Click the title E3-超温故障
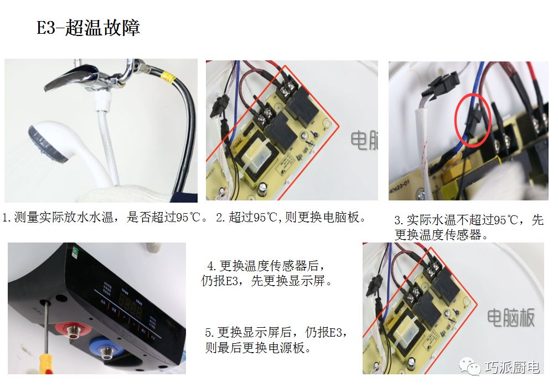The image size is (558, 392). tap(88, 27)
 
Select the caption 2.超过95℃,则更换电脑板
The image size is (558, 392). tap(291, 217)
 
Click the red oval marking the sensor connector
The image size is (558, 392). tap(473, 120)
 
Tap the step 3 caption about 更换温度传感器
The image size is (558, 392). tap(469, 227)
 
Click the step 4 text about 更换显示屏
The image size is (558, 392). tap(267, 274)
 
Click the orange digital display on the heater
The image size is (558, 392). tap(131, 307)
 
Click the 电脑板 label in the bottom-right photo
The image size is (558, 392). tap(510, 318)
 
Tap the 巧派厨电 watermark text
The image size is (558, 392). tap(512, 367)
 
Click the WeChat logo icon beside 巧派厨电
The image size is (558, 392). tap(470, 367)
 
